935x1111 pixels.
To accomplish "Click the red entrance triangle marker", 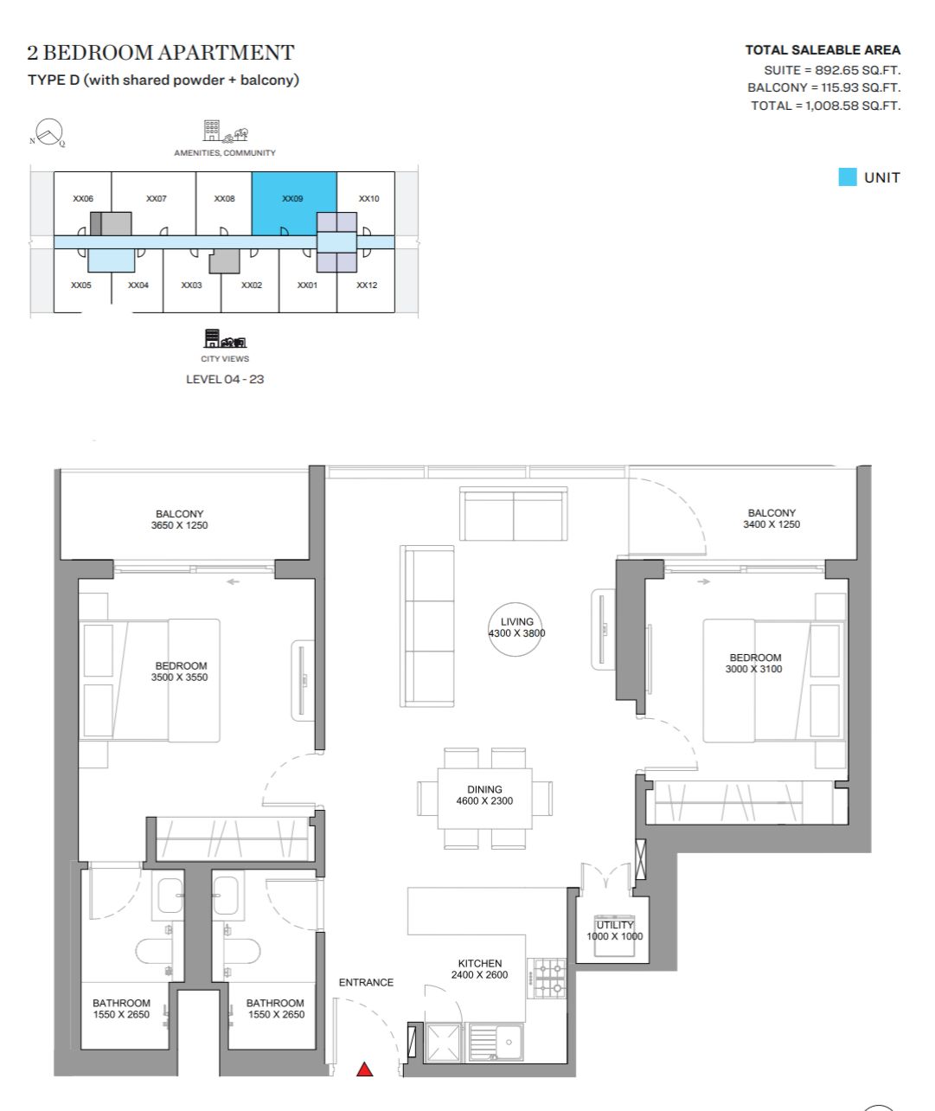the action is coord(364,1069).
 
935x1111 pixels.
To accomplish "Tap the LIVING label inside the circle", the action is coord(516,621).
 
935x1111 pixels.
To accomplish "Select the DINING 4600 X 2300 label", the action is coord(484,795).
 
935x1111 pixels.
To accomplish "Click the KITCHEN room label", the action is coord(480,963).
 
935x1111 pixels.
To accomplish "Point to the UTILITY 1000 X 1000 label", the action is coord(614,931).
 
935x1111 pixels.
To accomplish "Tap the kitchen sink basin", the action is coord(496,1042).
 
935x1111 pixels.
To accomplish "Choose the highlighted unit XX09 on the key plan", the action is coord(293,203).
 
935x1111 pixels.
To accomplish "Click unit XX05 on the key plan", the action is coord(80,286).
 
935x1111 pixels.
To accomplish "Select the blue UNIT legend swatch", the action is coord(848,177).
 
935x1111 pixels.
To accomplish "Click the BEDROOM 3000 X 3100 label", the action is coord(754,664).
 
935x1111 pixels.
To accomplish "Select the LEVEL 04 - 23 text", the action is coord(225,379).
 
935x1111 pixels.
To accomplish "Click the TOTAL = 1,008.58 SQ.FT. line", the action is coord(825,106).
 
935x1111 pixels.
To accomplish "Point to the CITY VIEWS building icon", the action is coord(225,338).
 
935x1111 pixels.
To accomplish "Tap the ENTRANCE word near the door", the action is coord(366,982).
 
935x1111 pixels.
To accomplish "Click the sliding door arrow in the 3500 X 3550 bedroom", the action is coord(233,581).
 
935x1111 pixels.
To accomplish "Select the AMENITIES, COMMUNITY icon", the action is coord(226,131).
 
